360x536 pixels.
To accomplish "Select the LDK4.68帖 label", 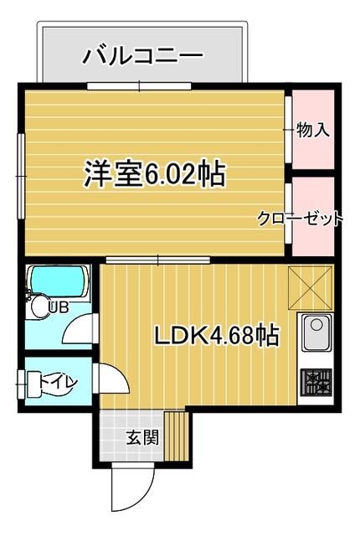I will coord(216,336).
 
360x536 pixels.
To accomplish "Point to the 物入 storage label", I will coord(313,130).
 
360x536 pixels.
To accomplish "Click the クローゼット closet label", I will coord(300,219).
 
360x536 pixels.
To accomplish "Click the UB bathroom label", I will coord(58,307).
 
